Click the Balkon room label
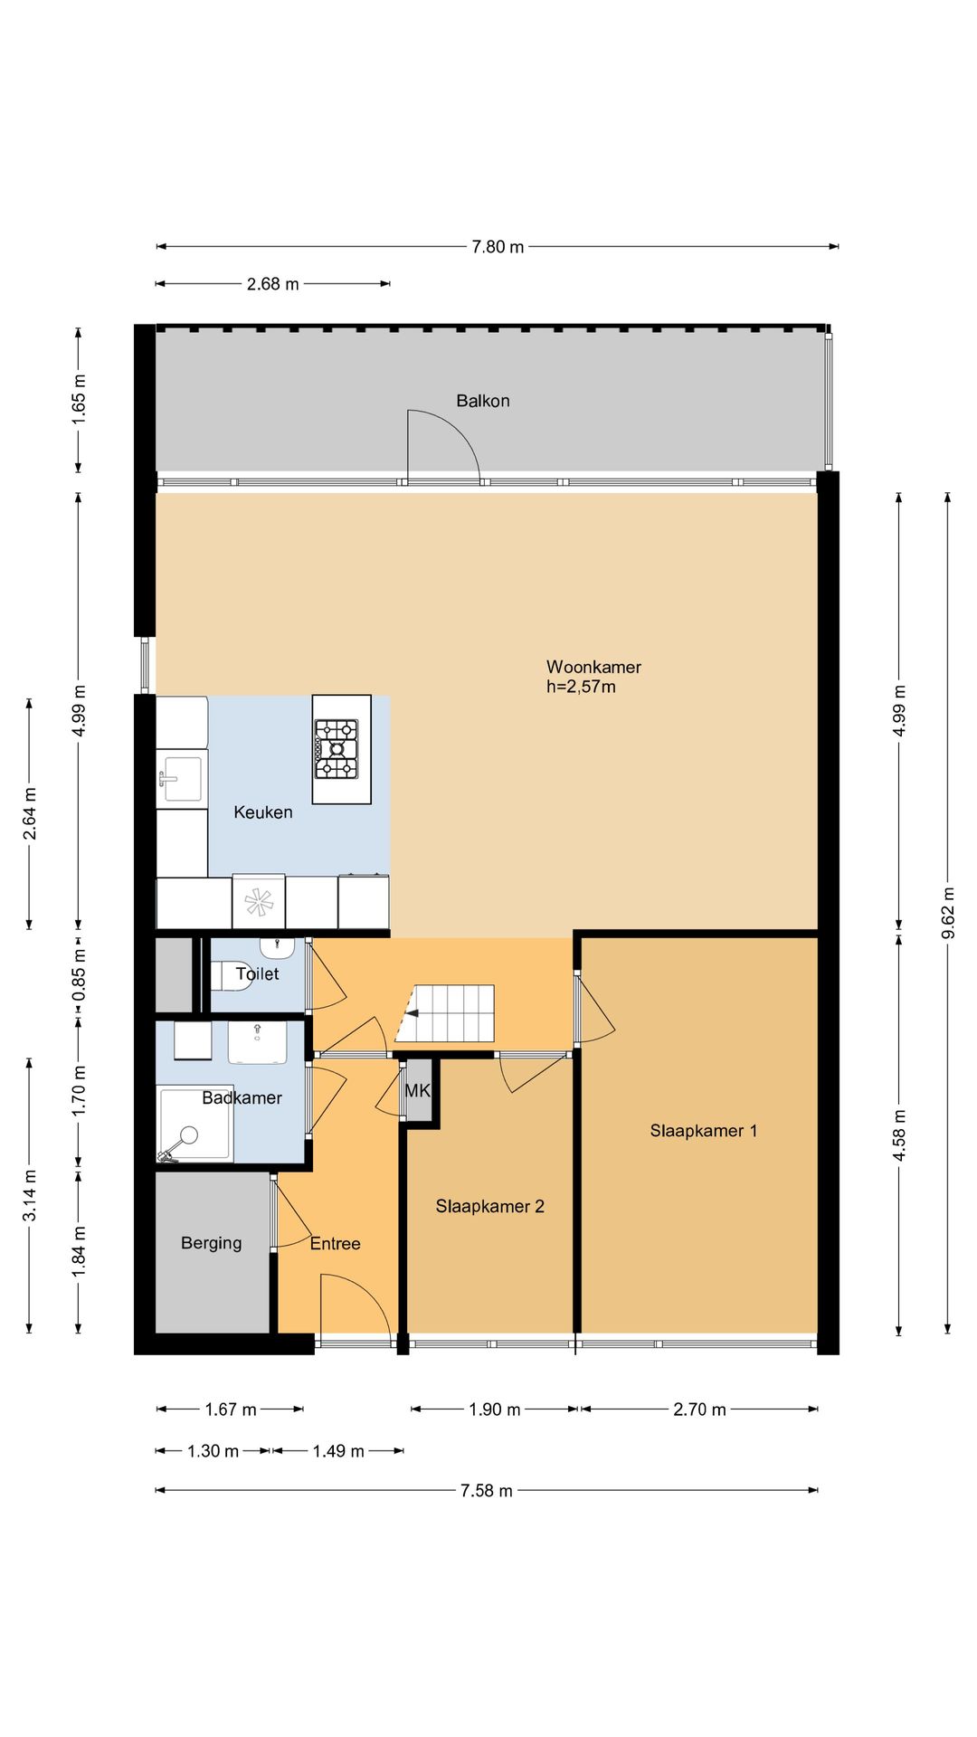point(482,401)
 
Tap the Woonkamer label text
point(593,667)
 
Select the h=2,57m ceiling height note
point(581,687)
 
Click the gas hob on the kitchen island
point(337,749)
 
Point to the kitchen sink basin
point(181,779)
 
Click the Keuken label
point(263,812)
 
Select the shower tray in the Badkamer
point(194,1124)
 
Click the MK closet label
point(418,1091)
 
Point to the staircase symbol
point(445,1013)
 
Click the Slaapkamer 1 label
point(704,1131)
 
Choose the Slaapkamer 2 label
point(489,1206)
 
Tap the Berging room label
point(211,1243)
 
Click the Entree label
point(335,1244)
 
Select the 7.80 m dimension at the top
point(498,246)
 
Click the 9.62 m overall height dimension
point(948,914)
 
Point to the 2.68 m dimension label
point(272,284)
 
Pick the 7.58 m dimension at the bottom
point(487,1490)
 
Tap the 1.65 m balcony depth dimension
point(79,399)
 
